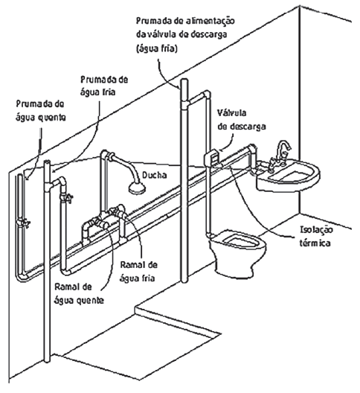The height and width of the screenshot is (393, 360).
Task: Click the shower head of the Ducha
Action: [137, 188]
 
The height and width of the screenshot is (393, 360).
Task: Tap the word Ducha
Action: [155, 175]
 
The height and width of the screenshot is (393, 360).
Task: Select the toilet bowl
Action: [237, 253]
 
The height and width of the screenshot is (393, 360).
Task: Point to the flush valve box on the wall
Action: [212, 159]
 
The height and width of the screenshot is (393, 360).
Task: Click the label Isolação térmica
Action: [316, 237]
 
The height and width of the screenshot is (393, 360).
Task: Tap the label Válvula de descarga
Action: [242, 120]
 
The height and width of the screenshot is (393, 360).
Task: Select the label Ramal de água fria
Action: [138, 272]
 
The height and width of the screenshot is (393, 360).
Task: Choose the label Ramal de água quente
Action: [79, 293]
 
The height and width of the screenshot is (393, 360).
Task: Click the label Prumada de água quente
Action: [41, 111]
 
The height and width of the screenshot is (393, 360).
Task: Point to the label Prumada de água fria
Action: [104, 86]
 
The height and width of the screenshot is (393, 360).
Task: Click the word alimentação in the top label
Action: [210, 21]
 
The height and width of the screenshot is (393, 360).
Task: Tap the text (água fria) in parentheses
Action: [157, 48]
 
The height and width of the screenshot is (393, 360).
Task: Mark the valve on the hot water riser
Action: [24, 223]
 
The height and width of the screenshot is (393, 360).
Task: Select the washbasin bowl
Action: [288, 176]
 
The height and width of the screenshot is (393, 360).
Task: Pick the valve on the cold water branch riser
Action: [66, 198]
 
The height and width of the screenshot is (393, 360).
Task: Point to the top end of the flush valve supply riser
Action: [184, 80]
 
